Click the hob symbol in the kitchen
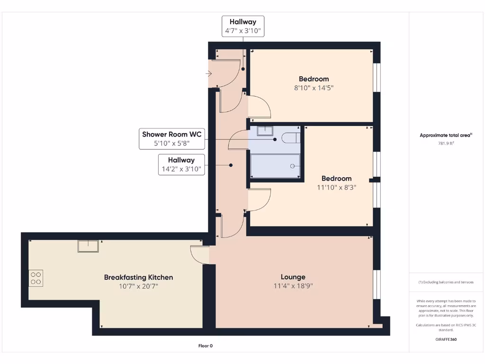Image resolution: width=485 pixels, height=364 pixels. pyautogui.click(x=36, y=277)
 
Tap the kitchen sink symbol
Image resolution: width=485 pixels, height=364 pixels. pyautogui.click(x=89, y=246)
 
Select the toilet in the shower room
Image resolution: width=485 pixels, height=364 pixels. pyautogui.click(x=290, y=138)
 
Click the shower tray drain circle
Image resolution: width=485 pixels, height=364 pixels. pyautogui.click(x=293, y=166)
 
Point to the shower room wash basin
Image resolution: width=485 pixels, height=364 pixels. pyautogui.click(x=265, y=131)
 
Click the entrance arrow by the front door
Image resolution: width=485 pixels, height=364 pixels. pyautogui.click(x=209, y=73)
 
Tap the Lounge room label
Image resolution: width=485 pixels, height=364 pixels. pyautogui.click(x=293, y=277)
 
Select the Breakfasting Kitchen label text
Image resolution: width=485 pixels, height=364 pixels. pyautogui.click(x=138, y=277)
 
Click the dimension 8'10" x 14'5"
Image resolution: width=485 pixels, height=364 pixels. pyautogui.click(x=314, y=88)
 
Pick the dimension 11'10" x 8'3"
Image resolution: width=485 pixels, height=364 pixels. pyautogui.click(x=336, y=187)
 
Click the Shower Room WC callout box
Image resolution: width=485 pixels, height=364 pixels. pyautogui.click(x=172, y=139)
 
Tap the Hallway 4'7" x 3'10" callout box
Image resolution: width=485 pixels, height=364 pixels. pyautogui.click(x=242, y=27)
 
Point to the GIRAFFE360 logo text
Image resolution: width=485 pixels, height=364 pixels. pyautogui.click(x=446, y=339)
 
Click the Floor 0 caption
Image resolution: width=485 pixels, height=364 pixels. pyautogui.click(x=205, y=346)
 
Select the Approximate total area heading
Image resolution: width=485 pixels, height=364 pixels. pyautogui.click(x=446, y=135)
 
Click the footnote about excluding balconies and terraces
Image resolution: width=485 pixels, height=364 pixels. pyautogui.click(x=446, y=282)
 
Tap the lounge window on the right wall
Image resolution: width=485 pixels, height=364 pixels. pyautogui.click(x=377, y=284)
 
